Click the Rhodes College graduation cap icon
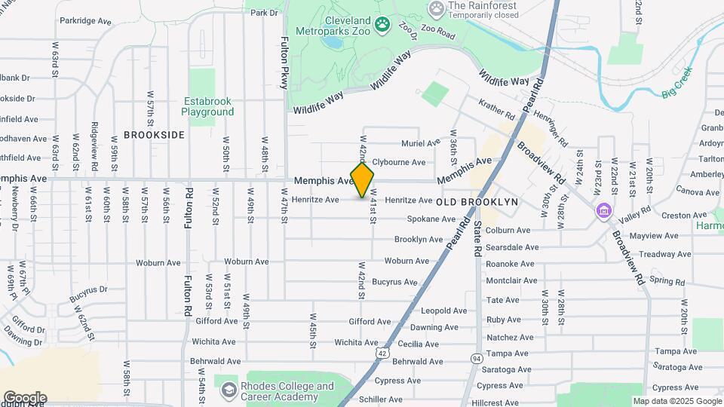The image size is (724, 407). (229, 390)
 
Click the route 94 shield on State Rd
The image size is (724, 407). (477, 358)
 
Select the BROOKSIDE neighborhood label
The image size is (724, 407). (154, 135)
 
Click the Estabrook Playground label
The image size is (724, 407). (207, 106)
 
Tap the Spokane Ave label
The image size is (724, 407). (431, 219)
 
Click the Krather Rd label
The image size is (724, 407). (495, 110)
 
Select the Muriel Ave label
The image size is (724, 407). (420, 142)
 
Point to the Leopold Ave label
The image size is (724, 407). (443, 311)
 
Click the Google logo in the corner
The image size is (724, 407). (25, 397)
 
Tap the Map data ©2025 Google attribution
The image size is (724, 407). (677, 401)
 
